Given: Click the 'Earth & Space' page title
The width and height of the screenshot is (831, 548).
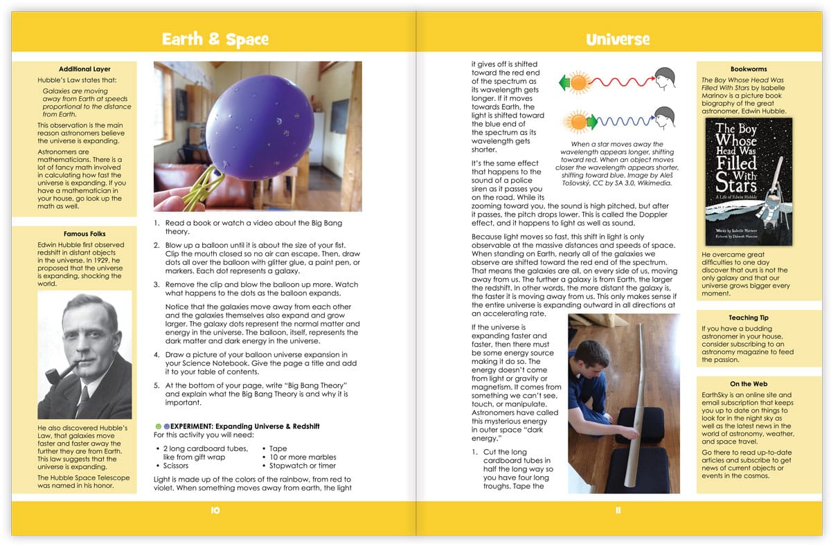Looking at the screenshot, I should (215, 39).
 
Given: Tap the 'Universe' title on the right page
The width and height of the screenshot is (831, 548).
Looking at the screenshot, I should (617, 39).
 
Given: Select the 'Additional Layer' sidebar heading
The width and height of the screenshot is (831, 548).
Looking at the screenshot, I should (84, 69).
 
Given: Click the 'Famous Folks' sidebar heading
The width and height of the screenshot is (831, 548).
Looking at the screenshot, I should (84, 234).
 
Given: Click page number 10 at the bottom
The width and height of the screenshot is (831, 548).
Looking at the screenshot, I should (215, 510).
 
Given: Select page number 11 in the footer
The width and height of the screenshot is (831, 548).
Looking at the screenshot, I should (617, 510).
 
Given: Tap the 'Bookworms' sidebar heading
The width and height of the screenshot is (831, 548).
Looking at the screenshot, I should (748, 69).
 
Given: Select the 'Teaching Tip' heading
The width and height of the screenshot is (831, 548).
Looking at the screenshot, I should (749, 318).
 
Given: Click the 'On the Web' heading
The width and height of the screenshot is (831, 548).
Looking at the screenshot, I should (749, 383).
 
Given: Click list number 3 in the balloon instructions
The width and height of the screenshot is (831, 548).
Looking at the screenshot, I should (157, 284).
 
